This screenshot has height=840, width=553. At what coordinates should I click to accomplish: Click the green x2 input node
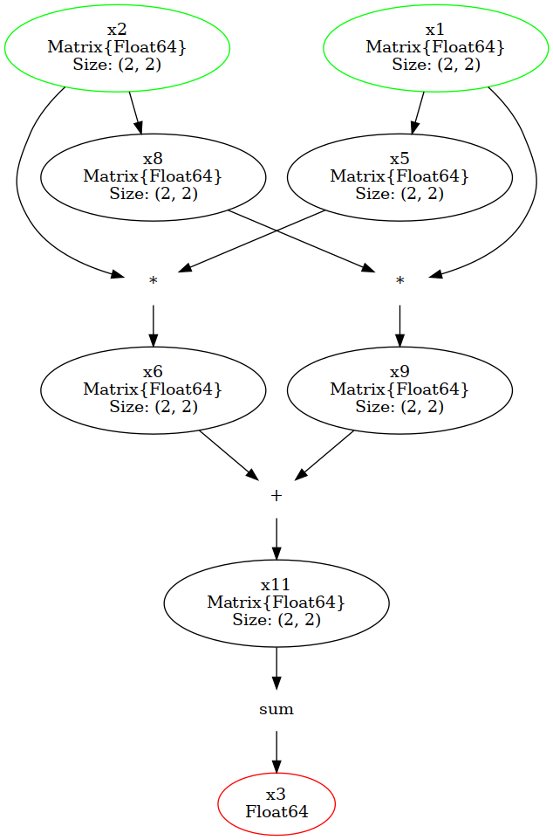117,48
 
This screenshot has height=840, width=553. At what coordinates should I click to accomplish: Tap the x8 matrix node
153,176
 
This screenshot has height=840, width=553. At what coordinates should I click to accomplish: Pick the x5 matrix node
399,176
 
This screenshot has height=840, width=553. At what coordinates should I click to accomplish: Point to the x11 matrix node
276,602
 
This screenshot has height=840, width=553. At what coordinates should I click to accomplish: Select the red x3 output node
276,803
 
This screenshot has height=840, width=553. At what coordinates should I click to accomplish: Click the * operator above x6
154,281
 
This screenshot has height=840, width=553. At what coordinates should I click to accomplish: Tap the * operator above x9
399,281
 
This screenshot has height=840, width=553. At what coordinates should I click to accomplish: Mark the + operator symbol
276,495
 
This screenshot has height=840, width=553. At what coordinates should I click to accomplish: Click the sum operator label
276,709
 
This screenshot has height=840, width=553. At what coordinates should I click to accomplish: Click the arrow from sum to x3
276,751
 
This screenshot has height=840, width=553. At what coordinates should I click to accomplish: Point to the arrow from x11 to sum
276,668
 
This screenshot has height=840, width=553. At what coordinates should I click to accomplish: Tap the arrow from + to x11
276,539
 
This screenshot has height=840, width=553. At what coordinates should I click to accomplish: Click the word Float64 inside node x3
276,812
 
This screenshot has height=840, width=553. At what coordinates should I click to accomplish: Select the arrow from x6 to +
229,453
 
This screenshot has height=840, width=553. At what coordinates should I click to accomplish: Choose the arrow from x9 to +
324,454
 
